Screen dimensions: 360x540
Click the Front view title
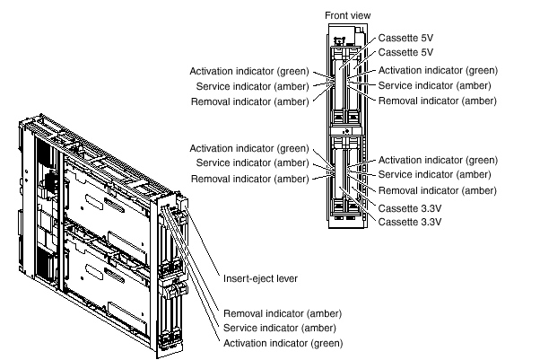347,15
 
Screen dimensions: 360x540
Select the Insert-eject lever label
261,279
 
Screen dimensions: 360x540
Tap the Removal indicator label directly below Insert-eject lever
281,314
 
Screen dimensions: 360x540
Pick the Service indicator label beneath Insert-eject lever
279,329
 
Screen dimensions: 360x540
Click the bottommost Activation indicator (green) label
282,343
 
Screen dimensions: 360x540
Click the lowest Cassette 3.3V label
409,221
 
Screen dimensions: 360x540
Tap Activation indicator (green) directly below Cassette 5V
438,70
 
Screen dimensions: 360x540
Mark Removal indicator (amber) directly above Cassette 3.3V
437,191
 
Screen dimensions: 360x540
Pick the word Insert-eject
247,279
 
